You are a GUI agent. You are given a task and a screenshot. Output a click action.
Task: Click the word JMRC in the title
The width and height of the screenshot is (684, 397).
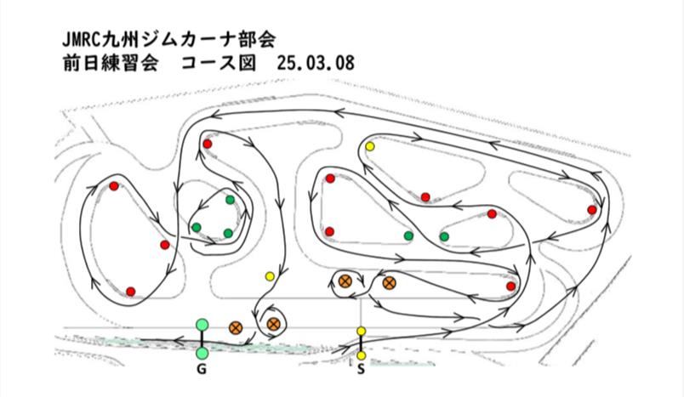pos(82,40)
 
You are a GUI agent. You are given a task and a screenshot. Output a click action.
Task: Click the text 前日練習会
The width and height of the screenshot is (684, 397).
pos(110,63)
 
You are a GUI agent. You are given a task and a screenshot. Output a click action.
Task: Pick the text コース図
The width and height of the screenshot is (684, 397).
pos(218,63)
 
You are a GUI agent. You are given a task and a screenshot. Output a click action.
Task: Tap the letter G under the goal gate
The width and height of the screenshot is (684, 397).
pos(201,370)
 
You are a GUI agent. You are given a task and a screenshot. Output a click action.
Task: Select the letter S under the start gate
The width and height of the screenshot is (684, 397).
pos(361,370)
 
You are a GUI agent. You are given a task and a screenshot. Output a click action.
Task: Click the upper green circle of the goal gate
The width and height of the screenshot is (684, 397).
pos(202,325)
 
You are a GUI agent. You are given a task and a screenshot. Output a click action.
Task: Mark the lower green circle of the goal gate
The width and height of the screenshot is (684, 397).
pos(202,353)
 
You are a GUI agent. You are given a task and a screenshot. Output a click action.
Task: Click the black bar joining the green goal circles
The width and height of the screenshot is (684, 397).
pos(202,339)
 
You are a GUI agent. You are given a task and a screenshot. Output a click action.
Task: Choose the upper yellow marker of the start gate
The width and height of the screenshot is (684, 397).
pos(362,332)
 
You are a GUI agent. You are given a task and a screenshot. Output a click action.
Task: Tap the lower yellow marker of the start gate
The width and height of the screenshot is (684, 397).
pos(362,355)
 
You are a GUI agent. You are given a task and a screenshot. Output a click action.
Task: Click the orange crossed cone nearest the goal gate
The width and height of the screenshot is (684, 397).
pos(236,327)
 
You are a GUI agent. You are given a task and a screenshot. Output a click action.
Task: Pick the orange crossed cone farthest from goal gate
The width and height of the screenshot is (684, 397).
pos(389,283)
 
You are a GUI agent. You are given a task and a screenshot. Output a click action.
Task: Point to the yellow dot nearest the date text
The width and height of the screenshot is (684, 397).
pos(370,146)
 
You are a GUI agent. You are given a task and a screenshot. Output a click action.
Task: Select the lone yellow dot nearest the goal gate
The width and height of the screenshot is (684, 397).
pos(270,275)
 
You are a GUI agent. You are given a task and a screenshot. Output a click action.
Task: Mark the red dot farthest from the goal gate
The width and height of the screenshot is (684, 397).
pos(592,210)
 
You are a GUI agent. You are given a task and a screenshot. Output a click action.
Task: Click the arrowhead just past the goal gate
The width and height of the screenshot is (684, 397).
pos(178,340)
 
